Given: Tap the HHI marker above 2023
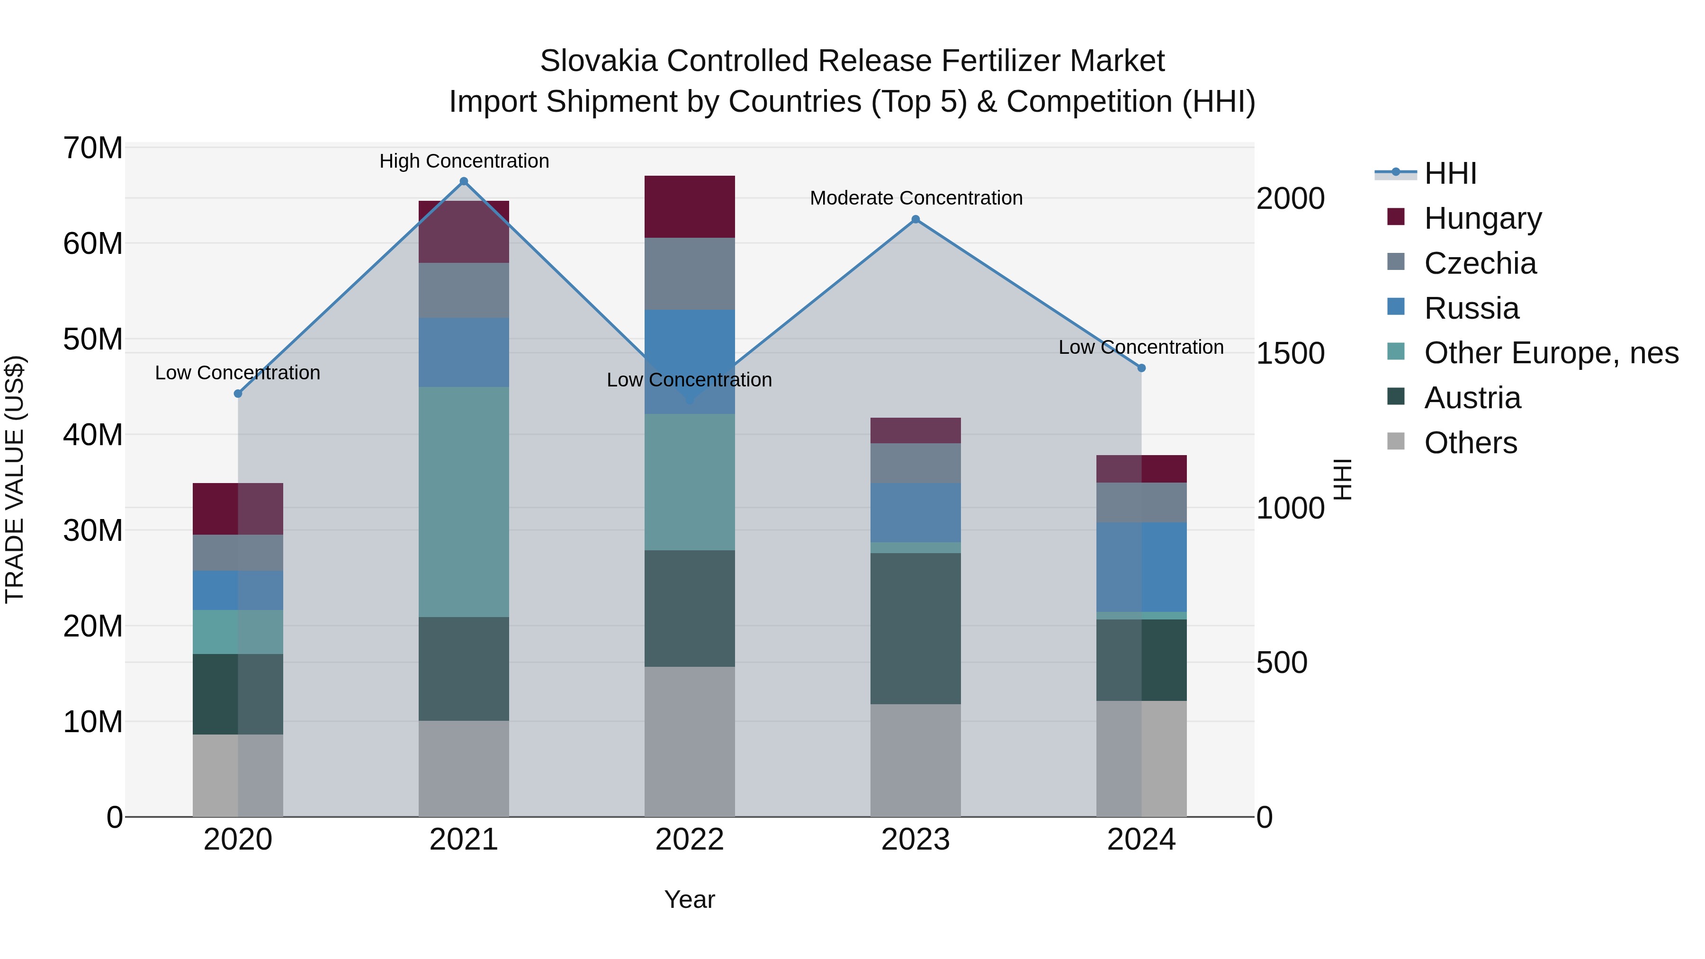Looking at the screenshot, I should pos(915,220).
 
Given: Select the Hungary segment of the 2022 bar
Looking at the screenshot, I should pos(689,206).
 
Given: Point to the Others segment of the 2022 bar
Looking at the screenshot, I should pos(689,741).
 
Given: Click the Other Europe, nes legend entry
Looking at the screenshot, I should pos(1550,353).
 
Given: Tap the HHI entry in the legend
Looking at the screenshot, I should pos(1450,173).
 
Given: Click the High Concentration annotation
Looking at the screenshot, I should pos(464,161).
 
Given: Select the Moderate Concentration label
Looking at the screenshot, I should pos(916,198).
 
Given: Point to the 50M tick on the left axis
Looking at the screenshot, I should pos(93,339).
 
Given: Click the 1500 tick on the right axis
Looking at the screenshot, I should pos(1290,353).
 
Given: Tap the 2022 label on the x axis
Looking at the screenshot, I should pos(689,840).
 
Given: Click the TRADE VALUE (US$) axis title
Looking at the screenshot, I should pos(15,479).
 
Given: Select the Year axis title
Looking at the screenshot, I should pos(689,899).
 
